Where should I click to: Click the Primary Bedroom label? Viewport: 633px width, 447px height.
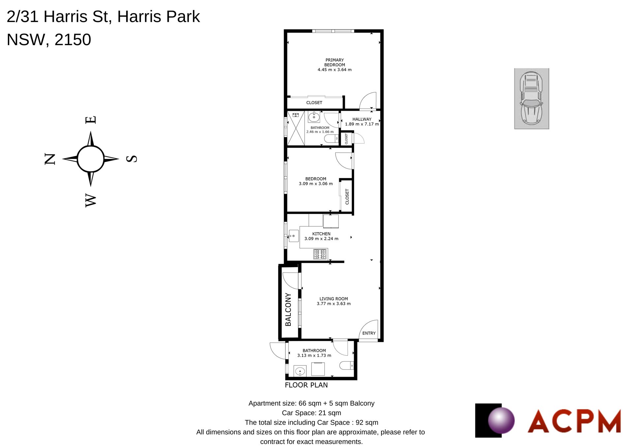(335, 62)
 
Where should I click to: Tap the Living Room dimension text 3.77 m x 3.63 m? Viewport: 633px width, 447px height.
(334, 304)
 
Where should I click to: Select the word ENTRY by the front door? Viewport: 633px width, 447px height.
(369, 333)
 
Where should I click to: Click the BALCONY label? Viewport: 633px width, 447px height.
(288, 309)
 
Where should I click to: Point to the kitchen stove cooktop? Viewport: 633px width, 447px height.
(320, 254)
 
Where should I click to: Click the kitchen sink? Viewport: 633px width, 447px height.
(293, 236)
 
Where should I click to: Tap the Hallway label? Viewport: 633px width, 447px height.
(362, 119)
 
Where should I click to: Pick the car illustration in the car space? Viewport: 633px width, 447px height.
(531, 98)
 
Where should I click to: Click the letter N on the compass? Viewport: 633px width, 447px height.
(50, 159)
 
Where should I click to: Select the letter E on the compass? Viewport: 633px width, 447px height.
(91, 120)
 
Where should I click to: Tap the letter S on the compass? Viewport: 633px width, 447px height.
(132, 159)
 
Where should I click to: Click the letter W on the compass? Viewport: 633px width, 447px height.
(91, 200)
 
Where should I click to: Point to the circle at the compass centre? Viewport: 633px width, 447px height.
(91, 159)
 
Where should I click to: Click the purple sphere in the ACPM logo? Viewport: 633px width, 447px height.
(501, 420)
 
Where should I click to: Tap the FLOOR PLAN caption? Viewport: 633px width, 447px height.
(306, 385)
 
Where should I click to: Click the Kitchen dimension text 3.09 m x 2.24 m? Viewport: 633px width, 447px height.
(321, 239)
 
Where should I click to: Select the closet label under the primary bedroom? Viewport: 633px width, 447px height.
(314, 103)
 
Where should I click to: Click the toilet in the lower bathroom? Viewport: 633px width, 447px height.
(347, 366)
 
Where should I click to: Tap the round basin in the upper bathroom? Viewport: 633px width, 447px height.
(314, 117)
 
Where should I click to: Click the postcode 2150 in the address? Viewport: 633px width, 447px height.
(73, 40)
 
